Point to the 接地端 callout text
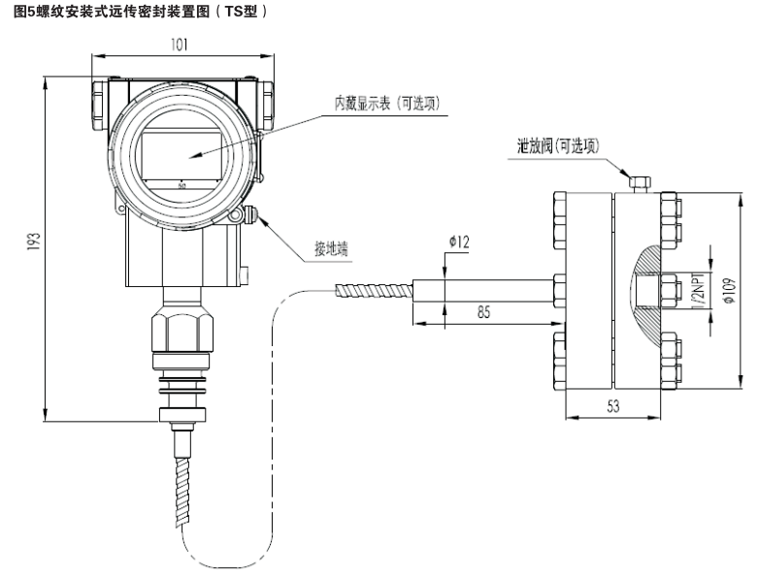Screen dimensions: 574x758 [x=329, y=248]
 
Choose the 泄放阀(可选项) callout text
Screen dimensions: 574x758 [x=558, y=146]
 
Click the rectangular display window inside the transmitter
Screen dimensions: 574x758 [x=183, y=155]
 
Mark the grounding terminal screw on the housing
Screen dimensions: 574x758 [x=251, y=216]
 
